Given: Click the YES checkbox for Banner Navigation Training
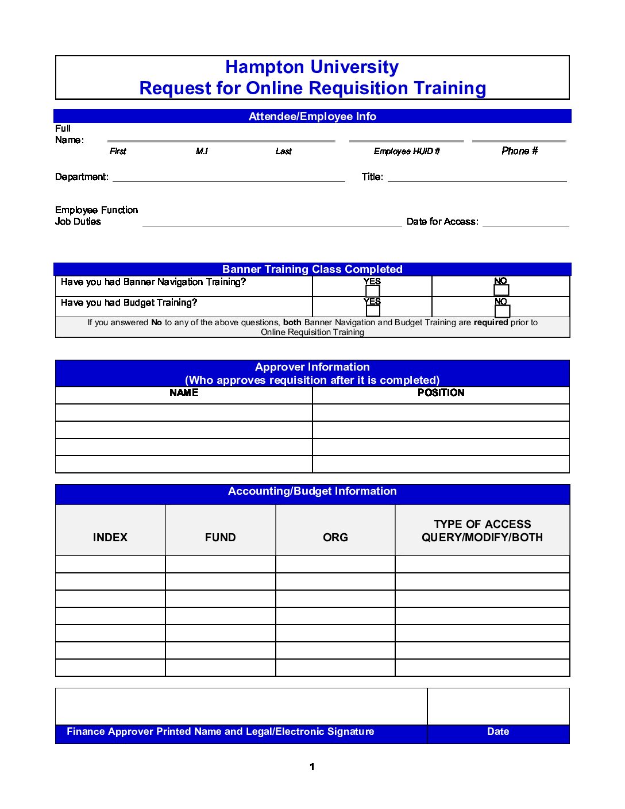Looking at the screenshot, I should pyautogui.click(x=373, y=291).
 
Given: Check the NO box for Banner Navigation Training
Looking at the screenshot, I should pyautogui.click(x=501, y=290).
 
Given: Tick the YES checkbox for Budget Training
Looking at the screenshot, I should pyautogui.click(x=373, y=311).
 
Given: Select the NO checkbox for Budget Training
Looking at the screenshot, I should pyautogui.click(x=502, y=311).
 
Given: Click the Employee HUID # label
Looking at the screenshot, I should pyautogui.click(x=407, y=151).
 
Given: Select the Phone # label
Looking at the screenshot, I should pyautogui.click(x=519, y=151).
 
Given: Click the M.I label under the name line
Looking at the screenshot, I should pyautogui.click(x=202, y=151).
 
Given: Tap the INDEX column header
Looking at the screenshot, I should pyautogui.click(x=110, y=537).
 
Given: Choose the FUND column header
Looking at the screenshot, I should pyautogui.click(x=221, y=537).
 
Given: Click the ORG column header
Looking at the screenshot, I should pyautogui.click(x=335, y=537).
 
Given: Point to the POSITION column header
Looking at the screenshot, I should pyautogui.click(x=441, y=393).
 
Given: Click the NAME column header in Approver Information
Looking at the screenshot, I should pyautogui.click(x=184, y=393).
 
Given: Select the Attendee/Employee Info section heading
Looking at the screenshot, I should pyautogui.click(x=312, y=117).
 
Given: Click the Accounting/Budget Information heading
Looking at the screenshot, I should pyautogui.click(x=312, y=491).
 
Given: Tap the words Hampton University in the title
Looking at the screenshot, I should pyautogui.click(x=312, y=67).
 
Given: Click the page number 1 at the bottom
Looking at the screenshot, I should pyautogui.click(x=312, y=766).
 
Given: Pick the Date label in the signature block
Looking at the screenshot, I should pyautogui.click(x=498, y=731).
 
